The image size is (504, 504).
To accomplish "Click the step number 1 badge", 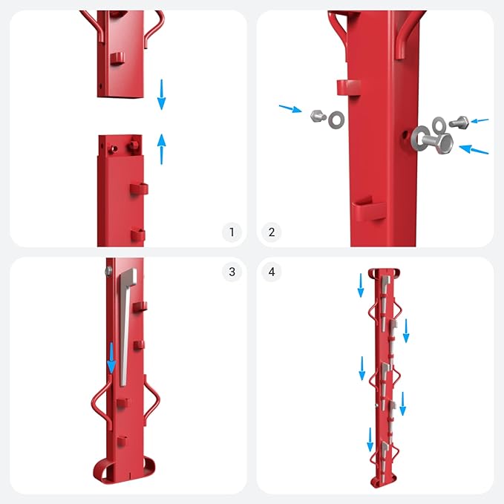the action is (x=232, y=232).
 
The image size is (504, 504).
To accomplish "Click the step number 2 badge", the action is (x=272, y=232).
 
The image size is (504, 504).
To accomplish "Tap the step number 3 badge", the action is (x=232, y=272).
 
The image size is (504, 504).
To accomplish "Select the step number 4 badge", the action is (x=272, y=272).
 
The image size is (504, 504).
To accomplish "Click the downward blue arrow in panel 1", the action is (x=161, y=94).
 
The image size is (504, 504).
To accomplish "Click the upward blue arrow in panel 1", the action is (x=161, y=149).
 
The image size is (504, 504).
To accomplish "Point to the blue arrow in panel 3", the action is (x=111, y=358).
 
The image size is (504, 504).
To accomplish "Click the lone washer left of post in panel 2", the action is (x=336, y=120).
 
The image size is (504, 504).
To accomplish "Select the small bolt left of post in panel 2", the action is (x=318, y=116).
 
